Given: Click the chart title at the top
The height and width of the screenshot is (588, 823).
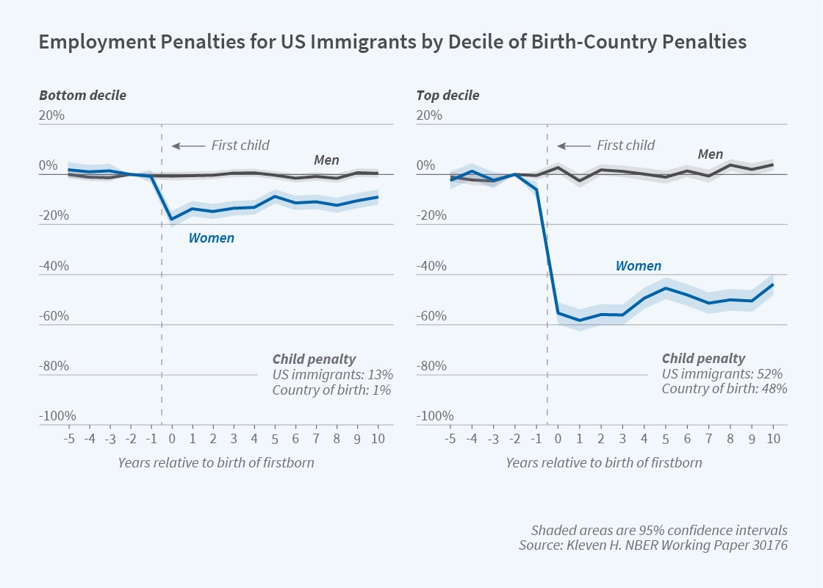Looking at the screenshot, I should click(x=392, y=42).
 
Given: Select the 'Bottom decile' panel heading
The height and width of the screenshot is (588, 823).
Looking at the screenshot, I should click(x=82, y=96).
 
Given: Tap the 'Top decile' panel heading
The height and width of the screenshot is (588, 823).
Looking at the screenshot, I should click(x=448, y=96).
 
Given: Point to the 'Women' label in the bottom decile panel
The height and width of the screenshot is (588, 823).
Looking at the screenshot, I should click(x=211, y=238).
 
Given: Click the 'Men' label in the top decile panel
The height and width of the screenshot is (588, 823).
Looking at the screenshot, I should click(x=711, y=154).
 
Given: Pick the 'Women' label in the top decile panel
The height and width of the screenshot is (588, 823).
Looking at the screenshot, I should click(x=638, y=266).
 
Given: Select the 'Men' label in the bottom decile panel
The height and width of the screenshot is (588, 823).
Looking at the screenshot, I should click(x=327, y=159).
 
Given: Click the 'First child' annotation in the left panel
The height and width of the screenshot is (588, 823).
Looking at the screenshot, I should click(x=240, y=146).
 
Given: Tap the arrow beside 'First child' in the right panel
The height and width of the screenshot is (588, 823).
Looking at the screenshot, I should click(x=573, y=146).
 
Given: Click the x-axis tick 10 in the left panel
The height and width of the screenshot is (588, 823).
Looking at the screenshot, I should click(x=378, y=440).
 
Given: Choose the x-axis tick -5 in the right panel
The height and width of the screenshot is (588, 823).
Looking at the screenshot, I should click(x=450, y=440).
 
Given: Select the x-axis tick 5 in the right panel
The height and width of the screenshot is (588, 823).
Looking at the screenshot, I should click(x=666, y=440).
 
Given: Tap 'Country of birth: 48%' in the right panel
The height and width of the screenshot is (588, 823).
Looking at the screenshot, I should click(x=725, y=389).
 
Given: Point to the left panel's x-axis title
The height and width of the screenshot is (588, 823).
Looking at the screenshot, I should click(x=215, y=463).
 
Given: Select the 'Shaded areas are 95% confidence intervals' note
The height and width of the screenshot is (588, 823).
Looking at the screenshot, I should click(x=659, y=531).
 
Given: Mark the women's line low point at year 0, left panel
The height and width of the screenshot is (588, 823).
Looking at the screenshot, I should click(x=172, y=219).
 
